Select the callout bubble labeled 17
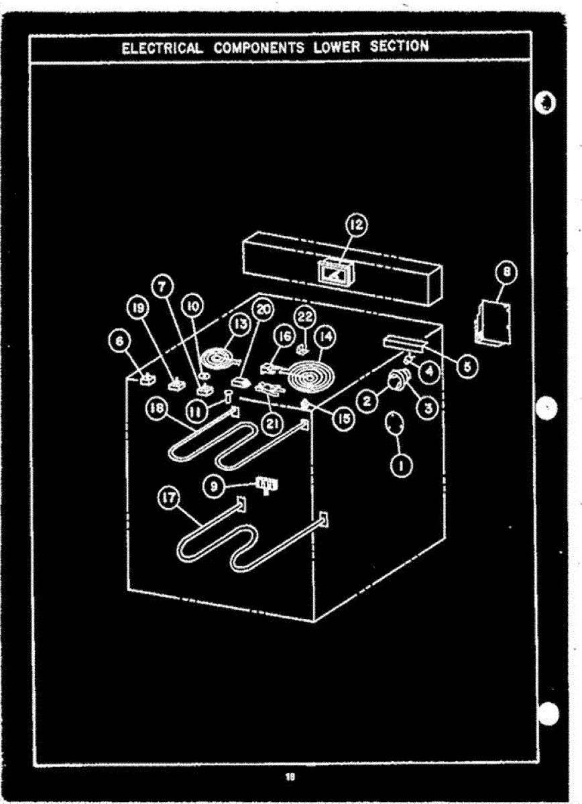click(168, 497)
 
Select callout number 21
click(272, 423)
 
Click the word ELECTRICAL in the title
click(161, 48)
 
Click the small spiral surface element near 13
click(221, 357)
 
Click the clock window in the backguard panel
click(335, 273)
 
